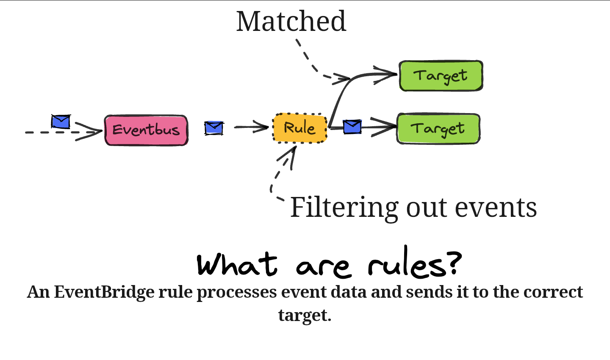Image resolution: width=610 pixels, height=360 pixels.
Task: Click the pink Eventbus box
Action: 146,130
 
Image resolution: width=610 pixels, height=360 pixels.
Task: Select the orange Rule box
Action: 300,127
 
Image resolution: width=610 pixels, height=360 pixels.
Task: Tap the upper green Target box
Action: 441,76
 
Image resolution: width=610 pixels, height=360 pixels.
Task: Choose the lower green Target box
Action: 438,128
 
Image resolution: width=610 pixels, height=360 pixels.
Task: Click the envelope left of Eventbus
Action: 61,122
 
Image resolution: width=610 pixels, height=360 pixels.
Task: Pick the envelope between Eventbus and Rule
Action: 213,127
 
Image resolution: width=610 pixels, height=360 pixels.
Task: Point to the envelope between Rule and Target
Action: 352,126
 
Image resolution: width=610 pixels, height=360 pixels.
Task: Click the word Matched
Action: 291,21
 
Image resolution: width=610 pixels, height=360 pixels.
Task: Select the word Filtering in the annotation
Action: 344,208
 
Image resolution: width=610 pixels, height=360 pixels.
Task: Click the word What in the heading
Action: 237,265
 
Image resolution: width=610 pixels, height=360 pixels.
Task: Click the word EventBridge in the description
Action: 104,292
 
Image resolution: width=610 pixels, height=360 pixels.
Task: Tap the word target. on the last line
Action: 305,315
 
